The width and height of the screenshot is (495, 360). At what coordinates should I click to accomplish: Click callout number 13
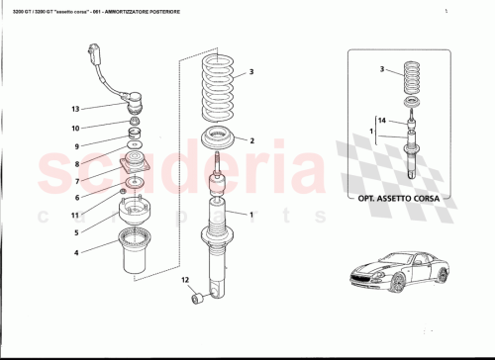pyautogui.click(x=74, y=108)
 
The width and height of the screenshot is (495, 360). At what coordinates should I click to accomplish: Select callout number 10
pyautogui.click(x=74, y=128)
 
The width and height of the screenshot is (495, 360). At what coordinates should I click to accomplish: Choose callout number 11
pyautogui.click(x=74, y=215)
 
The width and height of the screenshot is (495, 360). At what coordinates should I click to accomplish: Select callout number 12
pyautogui.click(x=184, y=282)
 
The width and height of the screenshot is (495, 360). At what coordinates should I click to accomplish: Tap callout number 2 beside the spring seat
pyautogui.click(x=251, y=140)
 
